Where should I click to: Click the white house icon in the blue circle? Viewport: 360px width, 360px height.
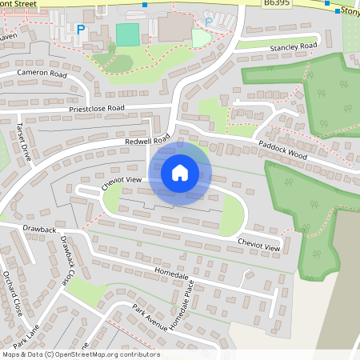(x=179, y=173)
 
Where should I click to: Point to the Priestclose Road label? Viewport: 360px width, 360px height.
(x=97, y=108)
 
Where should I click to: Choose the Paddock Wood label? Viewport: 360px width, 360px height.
(x=282, y=149)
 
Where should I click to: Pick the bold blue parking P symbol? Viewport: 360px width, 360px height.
(x=80, y=29)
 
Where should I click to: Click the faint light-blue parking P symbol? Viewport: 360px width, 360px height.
(x=209, y=22)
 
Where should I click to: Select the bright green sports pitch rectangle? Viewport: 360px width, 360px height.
(x=126, y=34)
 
